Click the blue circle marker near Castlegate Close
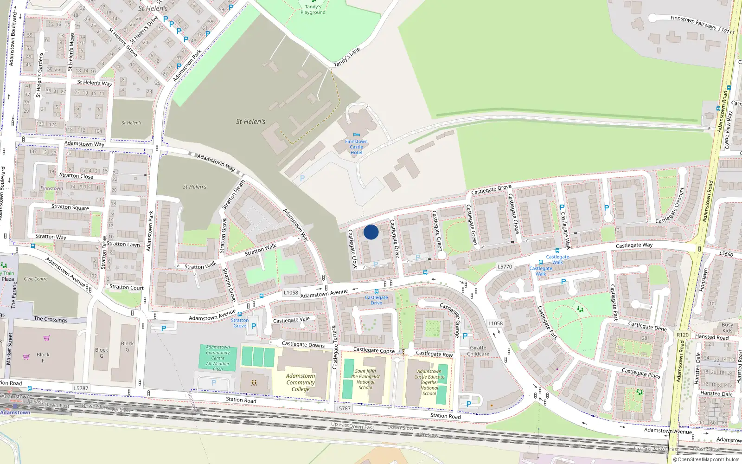pos(371,232)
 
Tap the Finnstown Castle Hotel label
pos(356,147)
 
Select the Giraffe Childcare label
pos(478,351)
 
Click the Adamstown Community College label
pos(301,382)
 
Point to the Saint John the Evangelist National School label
pos(365,379)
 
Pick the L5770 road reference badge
pos(505,267)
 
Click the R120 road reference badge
pos(683,335)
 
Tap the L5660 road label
pos(726,254)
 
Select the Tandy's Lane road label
pos(347,57)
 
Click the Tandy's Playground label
pos(313,9)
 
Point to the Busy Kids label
pos(727,328)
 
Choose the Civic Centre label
pos(36,279)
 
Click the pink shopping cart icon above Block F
pos(46,338)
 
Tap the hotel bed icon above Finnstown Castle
pos(356,135)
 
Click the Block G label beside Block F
pos(102,353)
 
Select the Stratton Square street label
pos(70,207)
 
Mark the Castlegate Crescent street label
pos(670,206)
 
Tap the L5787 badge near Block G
pos(81,388)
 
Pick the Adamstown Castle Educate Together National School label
pos(429,382)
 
